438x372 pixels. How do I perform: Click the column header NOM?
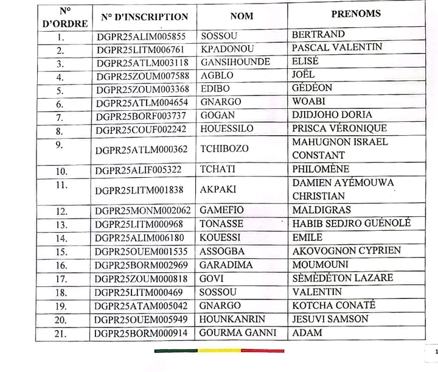pos(242,16)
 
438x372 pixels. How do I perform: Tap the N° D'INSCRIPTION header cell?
pos(144,17)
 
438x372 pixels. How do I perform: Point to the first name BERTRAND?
pos(318,34)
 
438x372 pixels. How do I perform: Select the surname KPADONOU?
pos(228,49)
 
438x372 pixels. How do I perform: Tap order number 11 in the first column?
pos(60,183)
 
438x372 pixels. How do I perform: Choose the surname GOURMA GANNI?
pos(238,333)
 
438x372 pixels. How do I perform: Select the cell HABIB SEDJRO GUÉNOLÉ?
pos(352,224)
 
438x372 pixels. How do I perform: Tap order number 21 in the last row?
pos(60,334)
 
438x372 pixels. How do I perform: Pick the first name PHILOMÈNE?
pos(321,169)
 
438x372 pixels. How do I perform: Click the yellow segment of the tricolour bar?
pos(218,351)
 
